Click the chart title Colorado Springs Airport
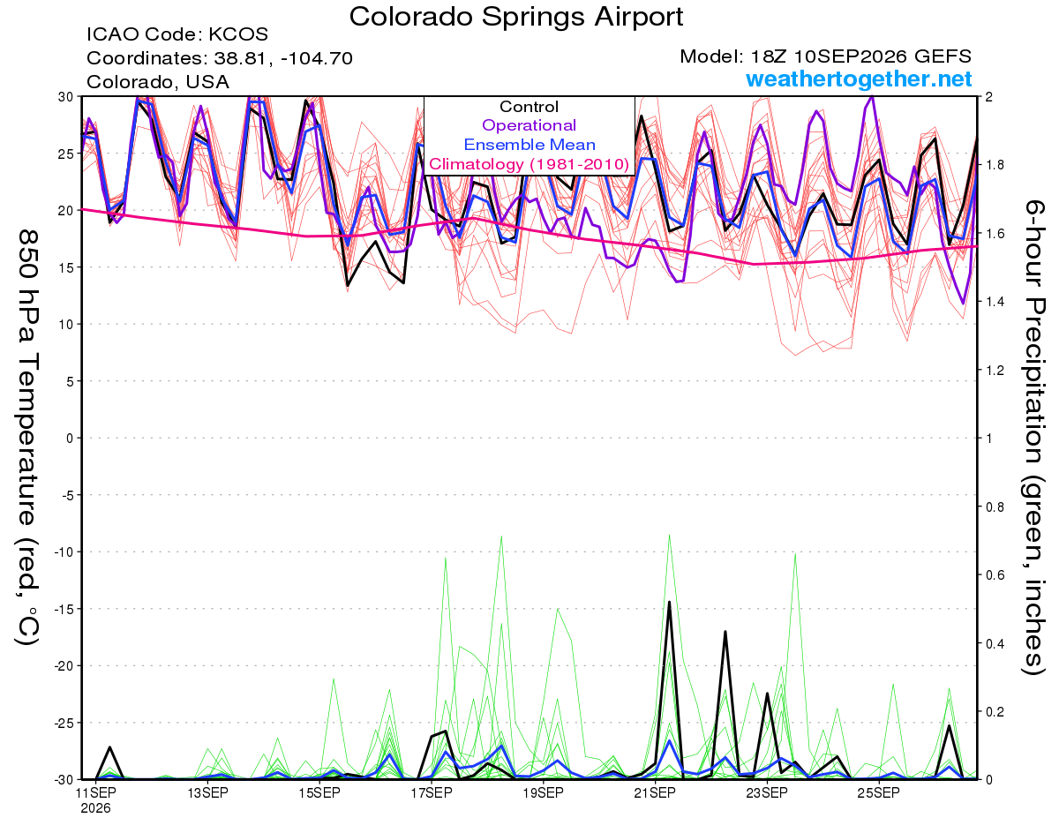tap(516, 17)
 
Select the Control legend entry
tap(529, 107)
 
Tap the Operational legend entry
tap(529, 125)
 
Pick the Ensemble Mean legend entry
tap(529, 145)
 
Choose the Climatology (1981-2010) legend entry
tap(529, 164)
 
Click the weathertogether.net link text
tap(859, 79)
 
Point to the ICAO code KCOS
tap(238, 34)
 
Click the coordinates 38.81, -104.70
tap(283, 58)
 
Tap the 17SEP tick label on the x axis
tap(432, 792)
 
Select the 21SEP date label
tap(655, 792)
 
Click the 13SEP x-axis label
tap(208, 792)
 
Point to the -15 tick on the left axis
tap(64, 609)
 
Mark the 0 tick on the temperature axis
tap(70, 439)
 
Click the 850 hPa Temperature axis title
tap(27, 438)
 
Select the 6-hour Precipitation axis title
tap(1033, 437)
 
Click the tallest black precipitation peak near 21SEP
tap(669, 602)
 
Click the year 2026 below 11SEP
tap(96, 808)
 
